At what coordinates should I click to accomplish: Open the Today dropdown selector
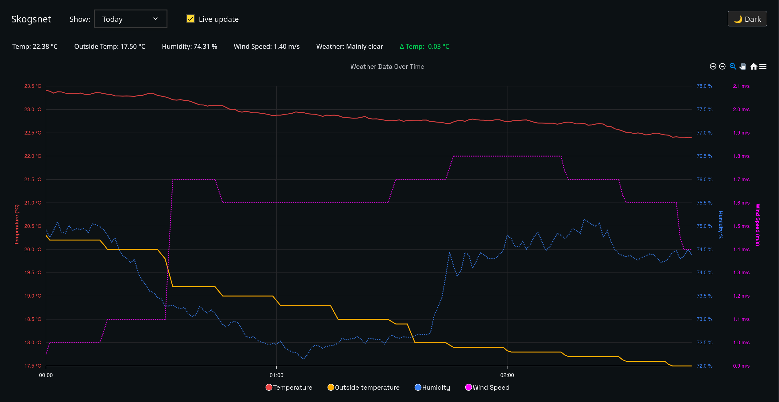tap(130, 19)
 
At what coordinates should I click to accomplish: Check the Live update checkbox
tap(190, 19)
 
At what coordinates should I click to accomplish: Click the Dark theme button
tap(747, 19)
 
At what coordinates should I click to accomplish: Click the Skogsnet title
tap(31, 19)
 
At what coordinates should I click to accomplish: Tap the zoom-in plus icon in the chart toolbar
tap(713, 66)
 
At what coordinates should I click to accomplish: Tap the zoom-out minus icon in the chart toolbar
tap(722, 66)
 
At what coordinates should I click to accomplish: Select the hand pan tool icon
tap(743, 66)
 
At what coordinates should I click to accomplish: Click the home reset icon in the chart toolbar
tap(754, 66)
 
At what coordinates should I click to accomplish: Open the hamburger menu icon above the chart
tap(763, 66)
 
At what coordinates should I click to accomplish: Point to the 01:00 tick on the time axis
tap(276, 375)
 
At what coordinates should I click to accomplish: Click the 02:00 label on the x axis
tap(507, 375)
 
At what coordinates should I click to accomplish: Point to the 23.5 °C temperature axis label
tap(33, 86)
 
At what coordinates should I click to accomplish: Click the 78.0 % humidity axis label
tap(704, 86)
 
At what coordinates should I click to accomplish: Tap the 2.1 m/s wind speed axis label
tap(741, 86)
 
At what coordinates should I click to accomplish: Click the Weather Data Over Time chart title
tap(387, 67)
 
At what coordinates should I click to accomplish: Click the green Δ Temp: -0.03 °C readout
tap(424, 46)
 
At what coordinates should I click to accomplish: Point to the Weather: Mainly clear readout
tap(350, 46)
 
